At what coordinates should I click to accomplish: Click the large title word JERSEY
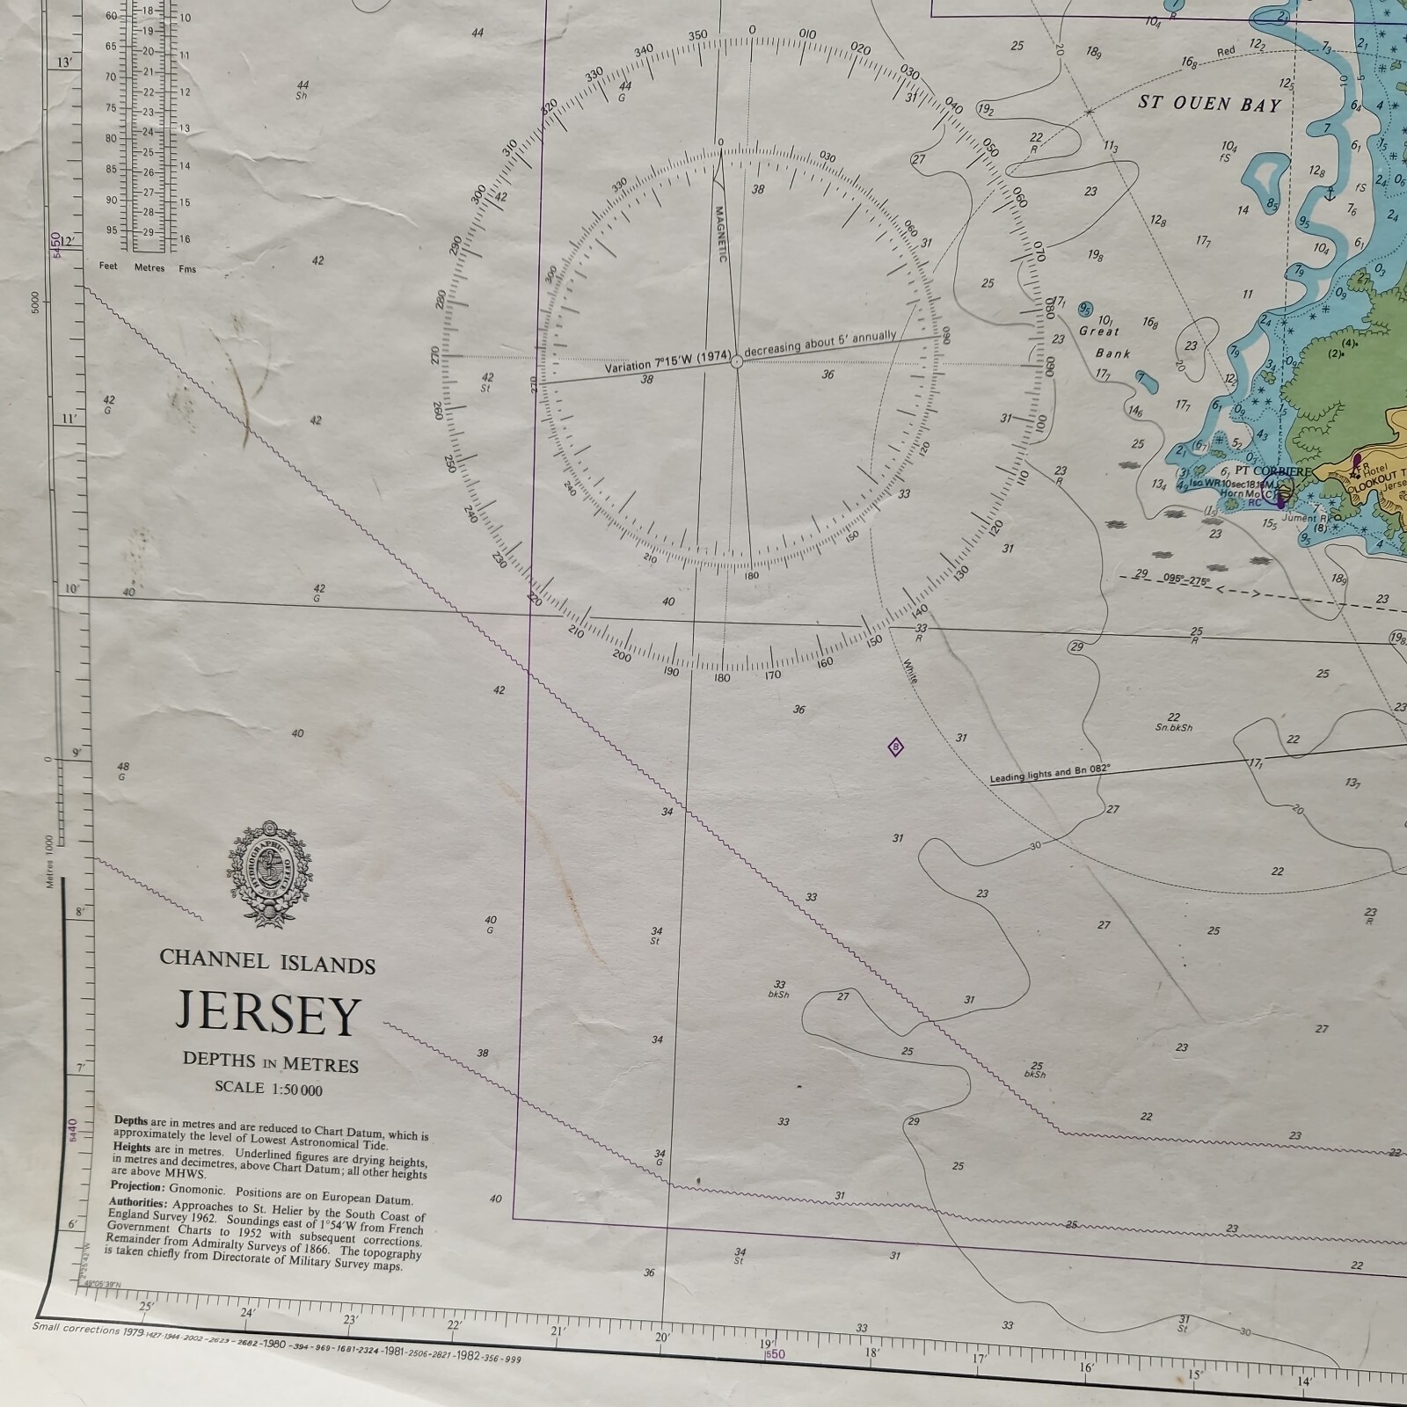[x=268, y=1014]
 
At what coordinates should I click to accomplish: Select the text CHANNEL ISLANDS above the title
[x=267, y=961]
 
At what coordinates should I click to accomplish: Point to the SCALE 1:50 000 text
[x=268, y=1089]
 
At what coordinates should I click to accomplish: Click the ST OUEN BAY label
[x=1209, y=103]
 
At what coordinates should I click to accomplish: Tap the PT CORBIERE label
[x=1272, y=471]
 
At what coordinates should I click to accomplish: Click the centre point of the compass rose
[x=737, y=361]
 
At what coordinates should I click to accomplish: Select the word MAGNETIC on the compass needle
[x=718, y=234]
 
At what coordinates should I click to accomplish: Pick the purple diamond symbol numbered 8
[x=896, y=748]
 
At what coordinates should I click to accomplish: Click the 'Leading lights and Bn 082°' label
[x=1050, y=774]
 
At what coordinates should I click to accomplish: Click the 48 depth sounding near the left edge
[x=122, y=767]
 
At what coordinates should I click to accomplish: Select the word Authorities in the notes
[x=137, y=1202]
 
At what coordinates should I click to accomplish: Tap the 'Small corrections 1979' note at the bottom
[x=88, y=1330]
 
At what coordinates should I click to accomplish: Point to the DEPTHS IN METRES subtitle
[x=270, y=1061]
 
